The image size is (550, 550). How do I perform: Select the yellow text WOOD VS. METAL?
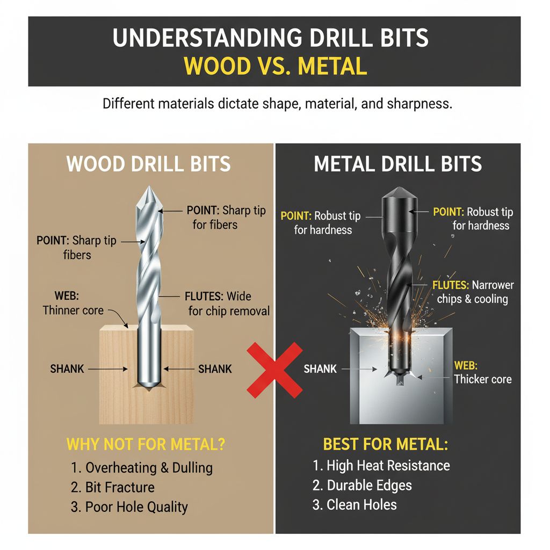tap(274, 66)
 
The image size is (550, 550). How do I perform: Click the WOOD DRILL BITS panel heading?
tap(149, 164)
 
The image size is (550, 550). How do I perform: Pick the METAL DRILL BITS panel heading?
tap(397, 164)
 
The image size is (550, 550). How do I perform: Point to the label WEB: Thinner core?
tap(73, 303)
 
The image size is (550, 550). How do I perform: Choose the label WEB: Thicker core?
tap(482, 372)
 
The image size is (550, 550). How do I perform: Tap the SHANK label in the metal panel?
tap(320, 369)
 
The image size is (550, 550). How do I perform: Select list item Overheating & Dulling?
tap(142, 467)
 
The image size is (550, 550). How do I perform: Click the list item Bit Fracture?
tap(113, 487)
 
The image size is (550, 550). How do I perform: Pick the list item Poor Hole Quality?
tap(129, 506)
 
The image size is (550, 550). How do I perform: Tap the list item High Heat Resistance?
tap(381, 465)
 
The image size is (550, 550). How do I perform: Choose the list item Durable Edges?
tap(363, 485)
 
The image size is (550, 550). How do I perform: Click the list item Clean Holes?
tap(355, 505)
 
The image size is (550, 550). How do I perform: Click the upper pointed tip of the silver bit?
tap(149, 189)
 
